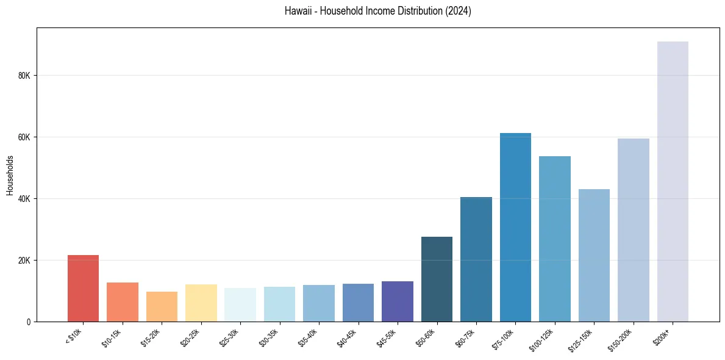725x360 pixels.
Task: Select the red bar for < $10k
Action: (x=83, y=289)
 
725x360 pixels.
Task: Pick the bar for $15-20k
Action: (x=162, y=307)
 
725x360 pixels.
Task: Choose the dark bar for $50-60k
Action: (x=437, y=279)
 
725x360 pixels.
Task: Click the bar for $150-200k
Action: (x=633, y=230)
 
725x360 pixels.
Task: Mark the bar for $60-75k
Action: (x=476, y=259)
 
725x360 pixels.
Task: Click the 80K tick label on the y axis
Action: (x=24, y=76)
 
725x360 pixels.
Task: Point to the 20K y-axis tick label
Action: (x=24, y=261)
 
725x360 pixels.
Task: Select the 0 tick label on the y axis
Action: (x=28, y=322)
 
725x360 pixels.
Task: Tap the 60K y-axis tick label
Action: (x=24, y=137)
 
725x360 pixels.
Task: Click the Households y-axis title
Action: (x=10, y=175)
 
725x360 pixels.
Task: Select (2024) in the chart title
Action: (x=458, y=11)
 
